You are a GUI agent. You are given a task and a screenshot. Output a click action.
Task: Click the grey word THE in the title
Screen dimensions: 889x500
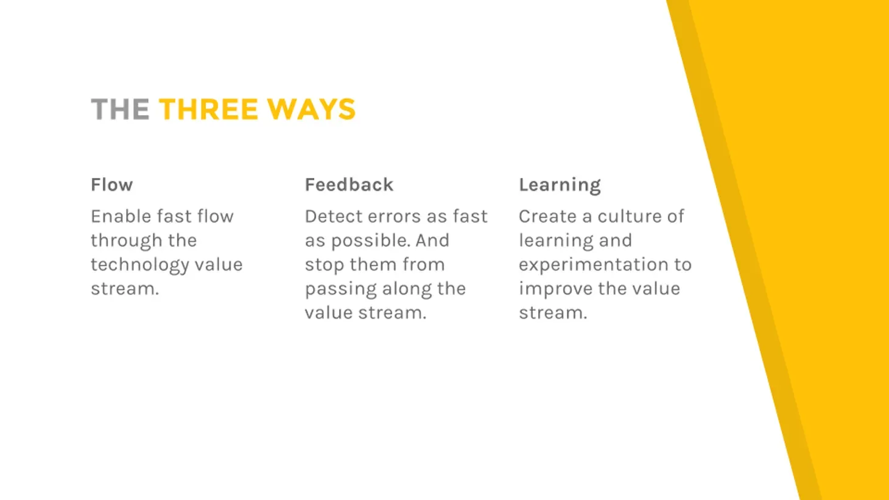(x=120, y=109)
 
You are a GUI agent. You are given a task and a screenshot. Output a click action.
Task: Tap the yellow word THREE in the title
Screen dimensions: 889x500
(x=208, y=109)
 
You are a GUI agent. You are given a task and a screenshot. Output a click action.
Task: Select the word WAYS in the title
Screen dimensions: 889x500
(x=311, y=109)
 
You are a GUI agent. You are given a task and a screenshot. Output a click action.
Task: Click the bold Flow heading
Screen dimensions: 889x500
(x=112, y=185)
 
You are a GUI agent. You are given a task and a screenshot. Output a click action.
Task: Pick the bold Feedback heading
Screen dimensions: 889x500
(x=350, y=185)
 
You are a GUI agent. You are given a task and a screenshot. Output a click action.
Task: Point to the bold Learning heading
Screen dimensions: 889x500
(x=560, y=186)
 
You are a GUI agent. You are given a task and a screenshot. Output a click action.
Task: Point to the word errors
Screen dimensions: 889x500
(x=394, y=217)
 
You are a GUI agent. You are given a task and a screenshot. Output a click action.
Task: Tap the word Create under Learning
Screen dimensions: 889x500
(x=547, y=216)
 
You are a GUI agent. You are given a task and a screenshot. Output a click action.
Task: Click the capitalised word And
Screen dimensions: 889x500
(x=432, y=241)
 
